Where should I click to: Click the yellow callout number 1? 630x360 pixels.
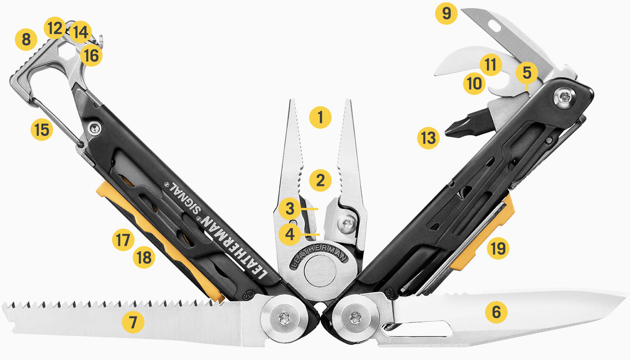[320, 117]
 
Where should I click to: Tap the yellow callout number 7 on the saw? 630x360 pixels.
[133, 322]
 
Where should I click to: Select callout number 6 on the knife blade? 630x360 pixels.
[496, 311]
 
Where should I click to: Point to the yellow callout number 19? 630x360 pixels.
[496, 247]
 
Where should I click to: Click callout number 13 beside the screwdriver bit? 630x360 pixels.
[427, 138]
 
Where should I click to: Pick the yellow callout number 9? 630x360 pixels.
[446, 13]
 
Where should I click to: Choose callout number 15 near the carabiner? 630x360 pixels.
[42, 130]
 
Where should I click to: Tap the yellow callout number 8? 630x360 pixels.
[26, 40]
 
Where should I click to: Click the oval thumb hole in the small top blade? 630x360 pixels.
[496, 27]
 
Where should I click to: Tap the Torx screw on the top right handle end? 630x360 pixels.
[564, 96]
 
